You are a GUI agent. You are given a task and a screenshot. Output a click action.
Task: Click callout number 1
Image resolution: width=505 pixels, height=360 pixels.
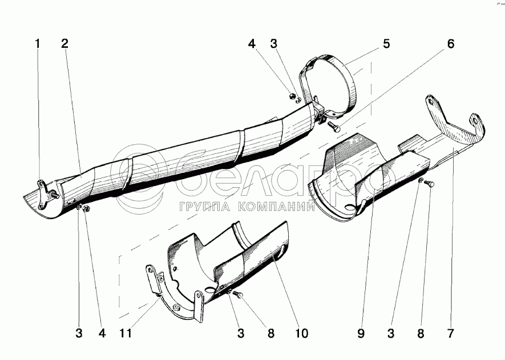click(x=38, y=43)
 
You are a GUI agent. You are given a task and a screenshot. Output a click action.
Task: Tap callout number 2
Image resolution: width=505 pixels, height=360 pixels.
click(x=65, y=43)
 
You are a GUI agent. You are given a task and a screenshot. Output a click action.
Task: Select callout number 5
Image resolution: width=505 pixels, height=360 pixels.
click(x=386, y=43)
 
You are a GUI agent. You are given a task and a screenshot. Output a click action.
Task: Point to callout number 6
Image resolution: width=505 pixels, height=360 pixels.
click(x=450, y=43)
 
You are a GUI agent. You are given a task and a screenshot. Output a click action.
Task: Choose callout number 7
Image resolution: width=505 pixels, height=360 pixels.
click(x=450, y=333)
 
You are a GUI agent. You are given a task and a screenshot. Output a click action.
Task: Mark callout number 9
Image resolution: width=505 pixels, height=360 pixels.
click(x=361, y=333)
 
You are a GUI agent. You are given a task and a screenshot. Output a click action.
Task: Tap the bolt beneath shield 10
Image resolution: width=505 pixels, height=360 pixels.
click(x=239, y=295)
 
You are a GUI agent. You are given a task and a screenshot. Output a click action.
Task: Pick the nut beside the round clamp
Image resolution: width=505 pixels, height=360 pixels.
click(x=292, y=95)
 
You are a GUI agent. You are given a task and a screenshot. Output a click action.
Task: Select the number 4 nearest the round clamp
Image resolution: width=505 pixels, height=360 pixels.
click(x=252, y=43)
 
